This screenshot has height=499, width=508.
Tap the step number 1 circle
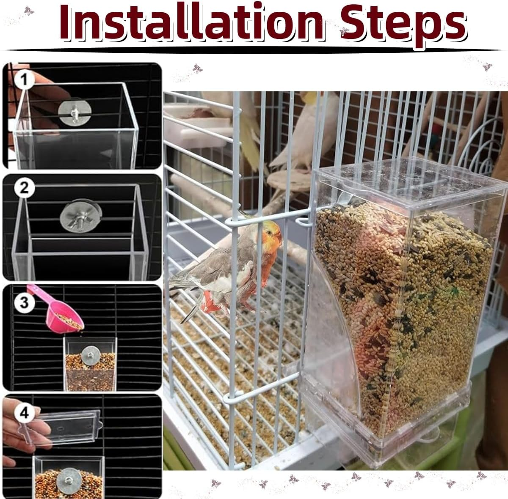[x=25, y=80]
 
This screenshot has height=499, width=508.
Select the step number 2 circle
[x=24, y=187]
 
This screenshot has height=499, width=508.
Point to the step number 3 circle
[x=24, y=302]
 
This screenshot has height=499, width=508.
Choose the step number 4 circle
[x=24, y=412]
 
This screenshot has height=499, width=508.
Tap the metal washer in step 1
[x=75, y=113]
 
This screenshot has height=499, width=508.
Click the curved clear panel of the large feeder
[x=334, y=338]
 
